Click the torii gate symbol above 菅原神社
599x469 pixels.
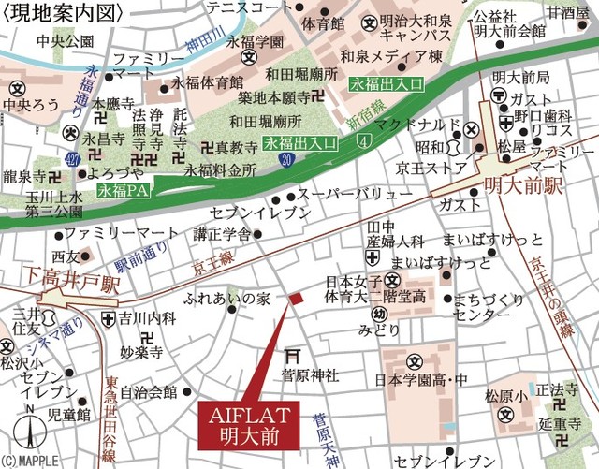tap(294, 355)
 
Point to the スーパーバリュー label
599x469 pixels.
tap(354, 196)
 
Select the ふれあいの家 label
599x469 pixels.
tap(227, 299)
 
